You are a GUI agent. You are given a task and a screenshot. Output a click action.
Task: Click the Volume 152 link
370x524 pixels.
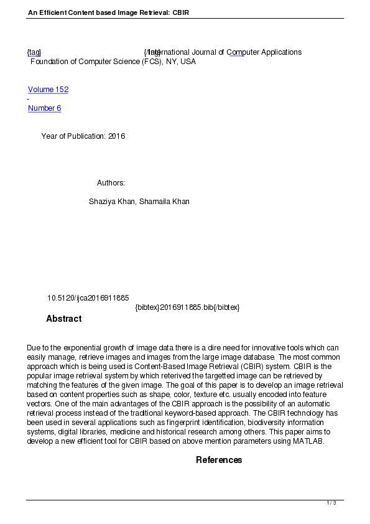tap(48, 90)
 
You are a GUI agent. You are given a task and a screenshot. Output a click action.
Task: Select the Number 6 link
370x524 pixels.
tap(44, 108)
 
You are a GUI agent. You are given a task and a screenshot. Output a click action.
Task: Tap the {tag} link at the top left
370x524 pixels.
tap(34, 52)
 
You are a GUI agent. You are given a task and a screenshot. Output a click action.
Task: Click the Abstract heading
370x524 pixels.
tap(63, 319)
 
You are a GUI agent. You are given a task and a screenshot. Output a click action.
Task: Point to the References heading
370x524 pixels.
tap(219, 460)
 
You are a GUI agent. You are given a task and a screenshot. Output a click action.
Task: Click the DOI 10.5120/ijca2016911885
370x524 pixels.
tap(88, 298)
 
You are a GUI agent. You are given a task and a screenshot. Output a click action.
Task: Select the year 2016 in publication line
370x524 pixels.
tap(116, 136)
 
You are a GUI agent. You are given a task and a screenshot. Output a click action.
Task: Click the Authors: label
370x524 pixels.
tap(111, 183)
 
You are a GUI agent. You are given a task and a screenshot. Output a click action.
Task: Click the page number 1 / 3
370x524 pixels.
tap(331, 503)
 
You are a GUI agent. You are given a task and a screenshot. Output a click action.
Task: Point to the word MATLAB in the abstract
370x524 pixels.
tap(307, 441)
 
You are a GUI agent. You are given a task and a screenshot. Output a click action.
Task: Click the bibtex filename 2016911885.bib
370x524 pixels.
tap(187, 307)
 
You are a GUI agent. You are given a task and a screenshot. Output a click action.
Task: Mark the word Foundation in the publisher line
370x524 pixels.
tap(50, 62)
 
